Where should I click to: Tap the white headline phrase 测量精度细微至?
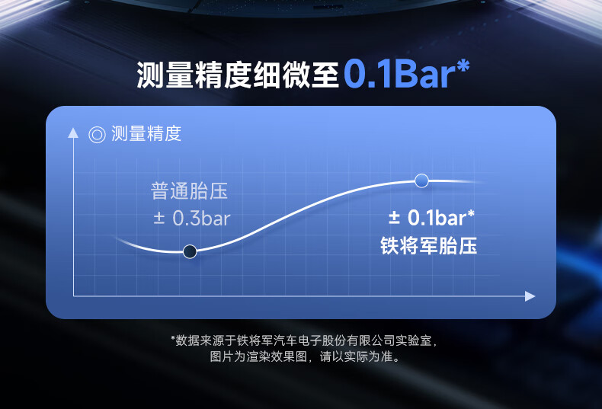coord(238,75)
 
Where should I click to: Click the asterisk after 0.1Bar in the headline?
coord(463,66)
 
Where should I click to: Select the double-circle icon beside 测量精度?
coord(97,135)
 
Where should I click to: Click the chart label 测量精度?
coord(146,134)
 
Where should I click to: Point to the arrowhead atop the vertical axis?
coord(73,133)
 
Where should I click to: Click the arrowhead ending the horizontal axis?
coord(530,296)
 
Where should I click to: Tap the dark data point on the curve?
coord(190,251)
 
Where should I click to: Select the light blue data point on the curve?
coord(421,181)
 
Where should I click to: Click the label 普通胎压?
coord(190,191)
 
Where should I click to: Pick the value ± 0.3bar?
coord(191,219)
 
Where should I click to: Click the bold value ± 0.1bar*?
coord(431,218)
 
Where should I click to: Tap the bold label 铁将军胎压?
coord(429,245)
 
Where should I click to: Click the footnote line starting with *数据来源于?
coord(304,340)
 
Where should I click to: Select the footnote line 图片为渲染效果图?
coord(306,356)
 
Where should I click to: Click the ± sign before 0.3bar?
coord(159,219)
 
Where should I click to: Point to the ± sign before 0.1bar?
coord(394,218)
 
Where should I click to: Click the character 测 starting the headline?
coord(151,75)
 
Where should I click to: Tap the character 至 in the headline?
coord(325,75)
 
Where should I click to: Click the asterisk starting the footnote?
coord(173,337)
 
